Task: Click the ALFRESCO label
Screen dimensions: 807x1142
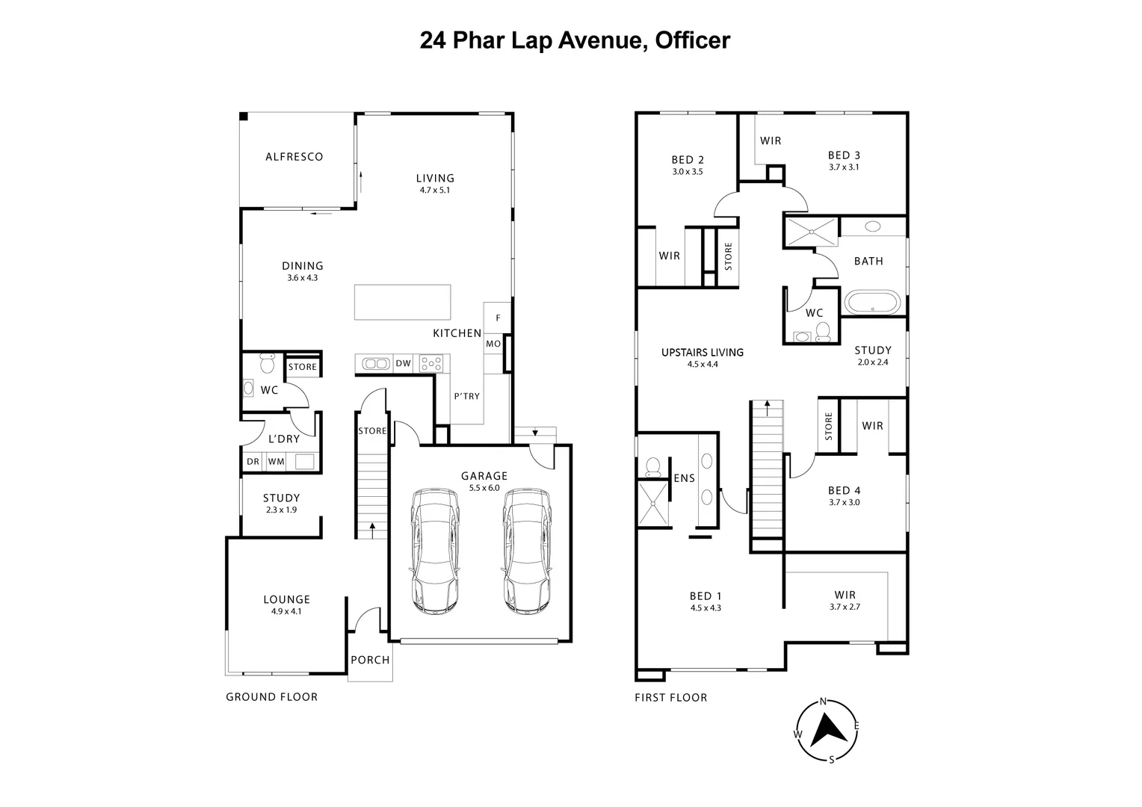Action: (294, 157)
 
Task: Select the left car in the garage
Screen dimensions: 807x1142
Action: (434, 551)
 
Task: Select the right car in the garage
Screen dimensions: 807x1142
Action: (527, 551)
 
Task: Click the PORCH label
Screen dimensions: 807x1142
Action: (370, 660)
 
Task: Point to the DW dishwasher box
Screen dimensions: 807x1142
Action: (403, 364)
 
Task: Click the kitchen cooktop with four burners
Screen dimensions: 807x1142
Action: (430, 364)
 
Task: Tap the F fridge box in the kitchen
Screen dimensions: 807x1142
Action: (498, 318)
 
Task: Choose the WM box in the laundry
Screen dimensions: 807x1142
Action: (276, 462)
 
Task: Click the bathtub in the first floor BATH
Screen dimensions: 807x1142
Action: (873, 303)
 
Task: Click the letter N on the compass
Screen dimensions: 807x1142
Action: (823, 702)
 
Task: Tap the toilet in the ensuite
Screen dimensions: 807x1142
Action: (652, 467)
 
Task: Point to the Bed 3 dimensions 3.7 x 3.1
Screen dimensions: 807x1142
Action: (844, 167)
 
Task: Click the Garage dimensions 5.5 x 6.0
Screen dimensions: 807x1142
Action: (484, 488)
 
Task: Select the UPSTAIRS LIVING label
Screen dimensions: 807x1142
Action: (702, 353)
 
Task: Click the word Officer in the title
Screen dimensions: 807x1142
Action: (692, 40)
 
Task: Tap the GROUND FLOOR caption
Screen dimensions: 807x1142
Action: (271, 697)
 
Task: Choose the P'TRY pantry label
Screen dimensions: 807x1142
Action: (466, 396)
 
